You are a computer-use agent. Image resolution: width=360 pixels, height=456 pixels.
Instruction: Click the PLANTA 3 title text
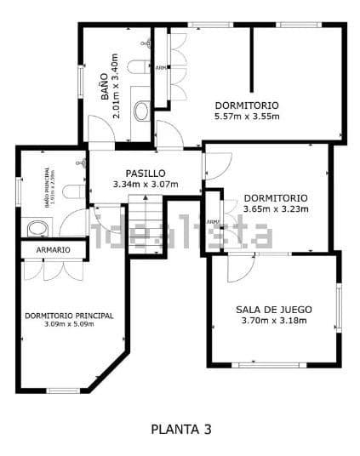pos(180,430)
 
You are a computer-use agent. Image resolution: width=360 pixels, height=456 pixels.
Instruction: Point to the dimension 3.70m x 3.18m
pos(274,321)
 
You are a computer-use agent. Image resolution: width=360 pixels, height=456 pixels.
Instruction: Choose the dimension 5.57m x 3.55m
pos(246,117)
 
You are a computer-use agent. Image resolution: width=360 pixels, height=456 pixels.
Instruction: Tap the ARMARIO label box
pos(53,249)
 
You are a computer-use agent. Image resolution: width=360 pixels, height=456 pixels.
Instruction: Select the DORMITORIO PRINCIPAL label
pos(68,316)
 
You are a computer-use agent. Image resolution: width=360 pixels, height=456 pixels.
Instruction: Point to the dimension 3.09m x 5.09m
pos(68,325)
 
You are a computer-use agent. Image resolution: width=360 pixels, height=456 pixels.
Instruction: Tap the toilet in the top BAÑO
pos(137,67)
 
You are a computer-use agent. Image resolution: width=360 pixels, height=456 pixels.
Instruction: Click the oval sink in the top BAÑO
pos(141,110)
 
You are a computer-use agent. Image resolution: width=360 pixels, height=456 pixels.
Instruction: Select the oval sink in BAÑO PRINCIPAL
pos(37,228)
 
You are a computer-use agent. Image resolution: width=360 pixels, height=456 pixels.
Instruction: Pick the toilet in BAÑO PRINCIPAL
pos(73,191)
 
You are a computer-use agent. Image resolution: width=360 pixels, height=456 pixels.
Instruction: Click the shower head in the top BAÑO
pos(147,42)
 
